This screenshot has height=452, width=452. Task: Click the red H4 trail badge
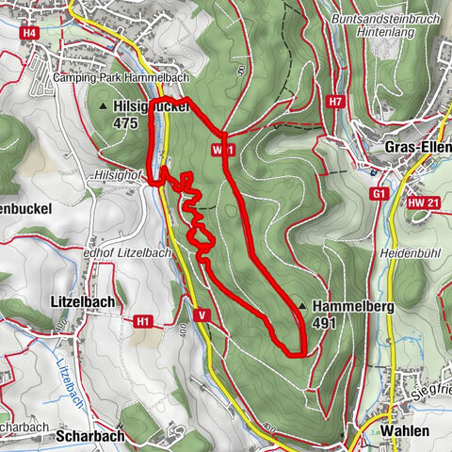tap(30, 33)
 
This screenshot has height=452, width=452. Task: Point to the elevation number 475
tap(126, 122)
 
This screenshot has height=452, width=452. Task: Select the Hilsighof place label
tap(117, 175)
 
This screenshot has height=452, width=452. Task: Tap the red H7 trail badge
tap(336, 102)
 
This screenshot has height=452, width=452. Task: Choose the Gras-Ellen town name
tap(417, 148)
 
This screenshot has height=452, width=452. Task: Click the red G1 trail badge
tap(379, 194)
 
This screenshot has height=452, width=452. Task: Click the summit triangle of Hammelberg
tap(301, 306)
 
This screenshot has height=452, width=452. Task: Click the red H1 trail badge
tap(142, 322)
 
